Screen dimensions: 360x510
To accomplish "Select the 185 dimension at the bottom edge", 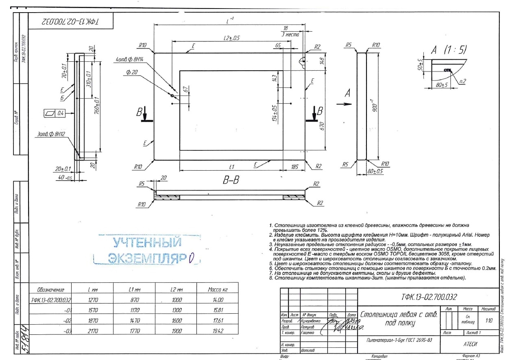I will coord(294,166).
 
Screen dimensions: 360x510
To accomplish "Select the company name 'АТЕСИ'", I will coord(470,344).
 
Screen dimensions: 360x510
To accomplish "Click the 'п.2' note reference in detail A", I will coord(462,81).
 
